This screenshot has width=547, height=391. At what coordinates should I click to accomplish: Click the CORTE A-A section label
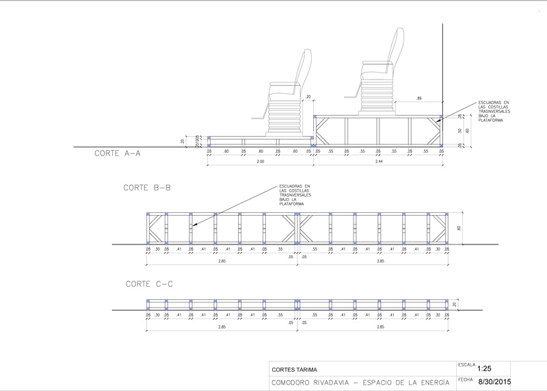click(117, 154)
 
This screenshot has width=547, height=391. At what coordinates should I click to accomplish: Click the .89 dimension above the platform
click(418, 99)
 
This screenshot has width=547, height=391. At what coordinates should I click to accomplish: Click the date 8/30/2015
click(494, 381)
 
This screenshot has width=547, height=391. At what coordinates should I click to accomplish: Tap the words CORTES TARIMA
click(299, 368)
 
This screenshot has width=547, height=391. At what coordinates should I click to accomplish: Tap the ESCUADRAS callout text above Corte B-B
click(295, 195)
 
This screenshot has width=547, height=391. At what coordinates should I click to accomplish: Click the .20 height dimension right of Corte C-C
click(455, 303)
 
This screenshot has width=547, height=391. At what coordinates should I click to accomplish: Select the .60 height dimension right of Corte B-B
click(459, 228)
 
